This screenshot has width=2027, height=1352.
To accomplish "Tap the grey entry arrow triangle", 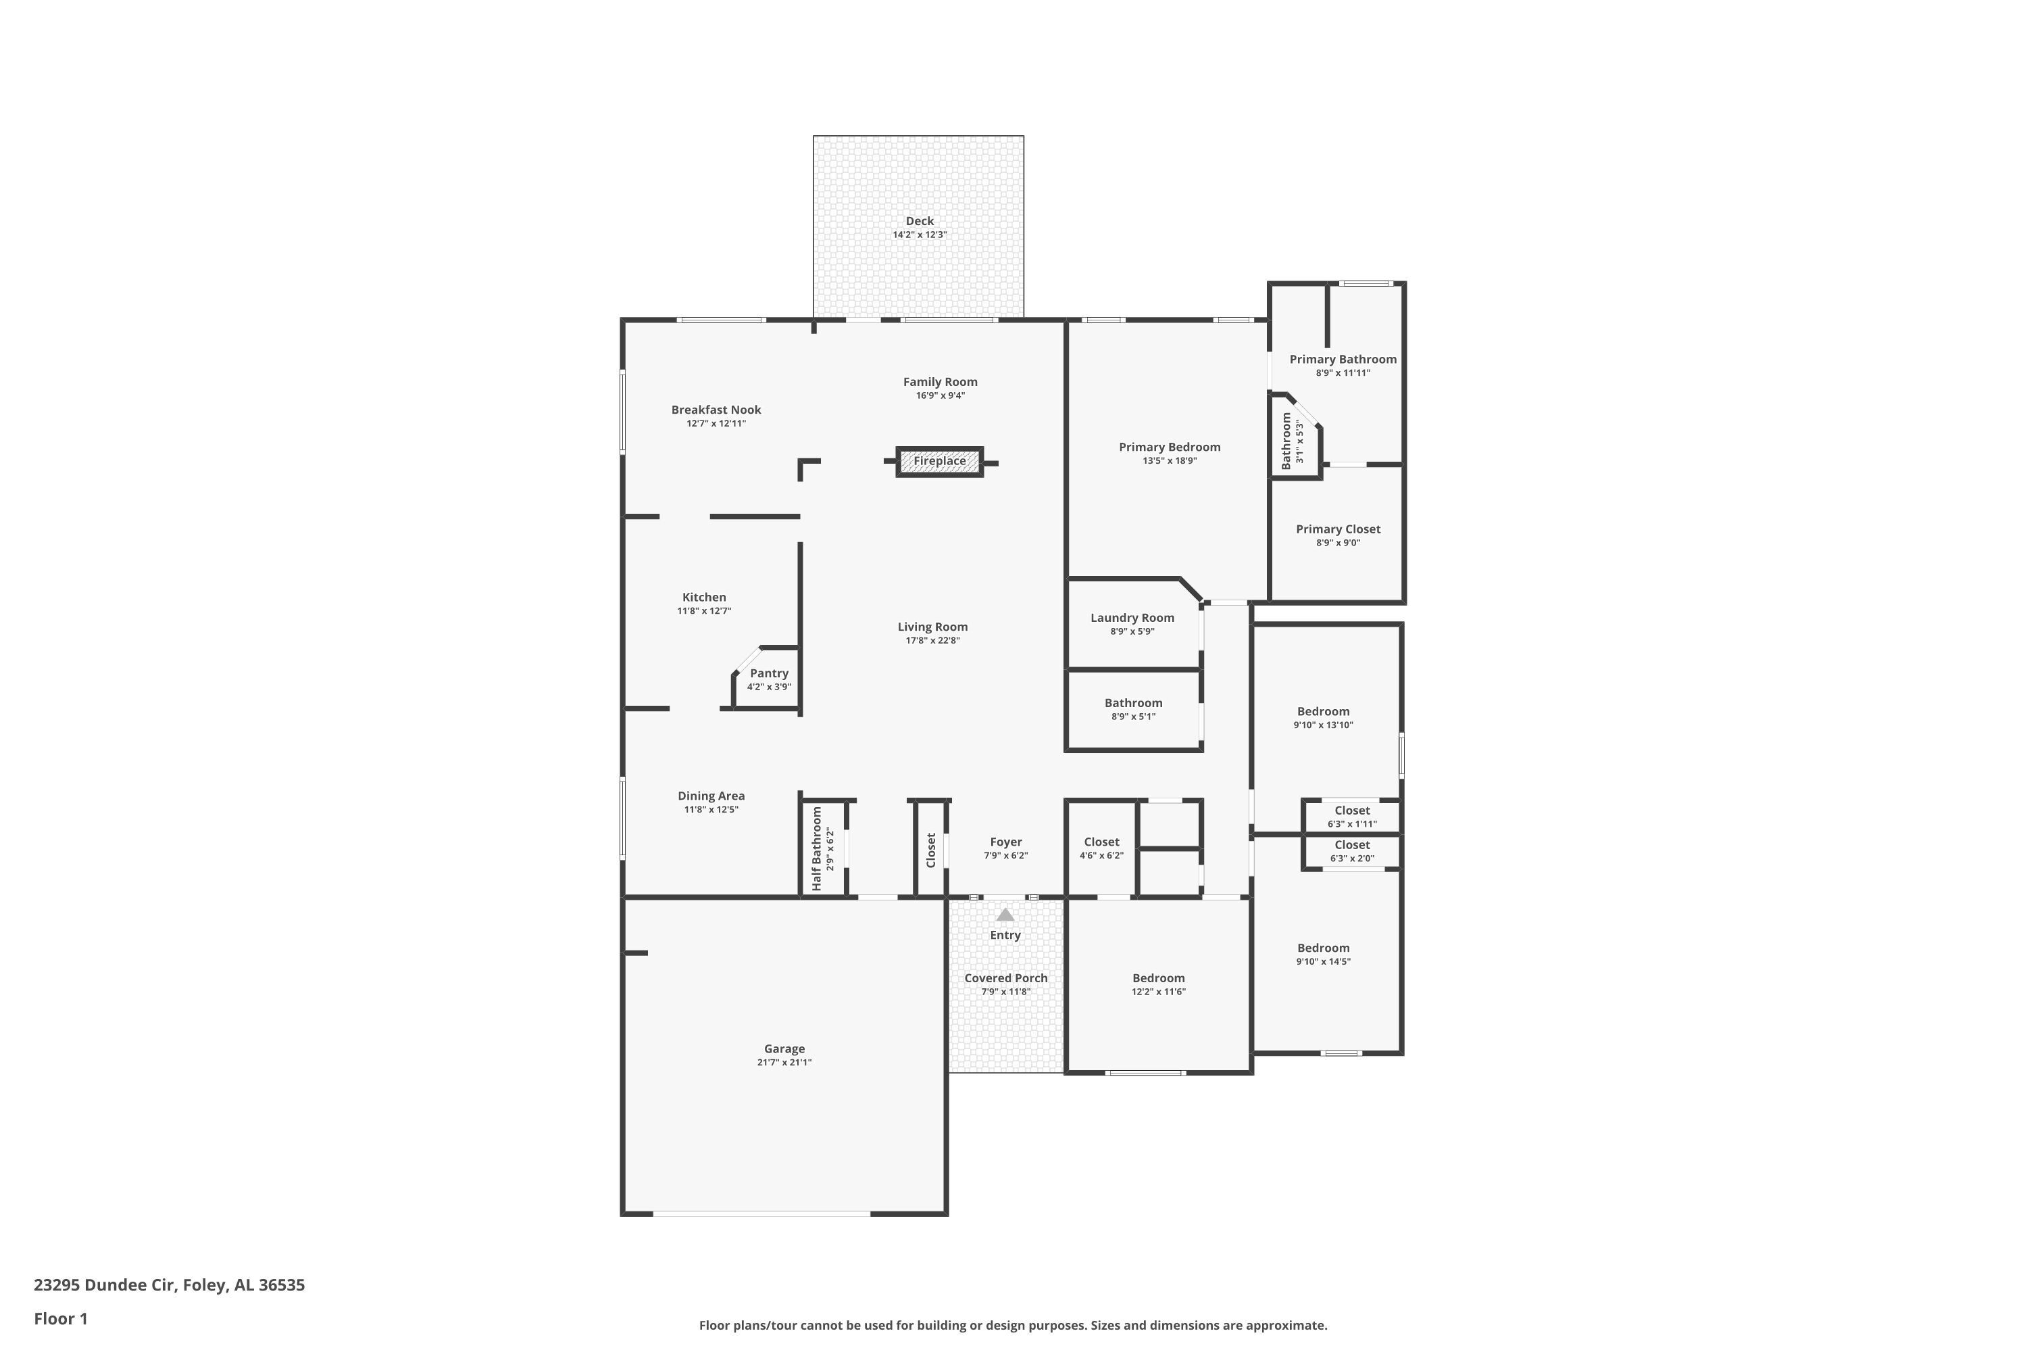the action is [x=1005, y=915].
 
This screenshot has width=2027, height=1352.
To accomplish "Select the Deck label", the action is [x=920, y=222].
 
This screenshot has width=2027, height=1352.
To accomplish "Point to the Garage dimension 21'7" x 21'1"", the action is [x=784, y=1062].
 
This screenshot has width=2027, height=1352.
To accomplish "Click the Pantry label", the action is [x=769, y=673].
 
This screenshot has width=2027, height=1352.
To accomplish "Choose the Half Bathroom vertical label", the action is [x=817, y=848].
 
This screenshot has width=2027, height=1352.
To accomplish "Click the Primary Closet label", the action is [x=1338, y=529].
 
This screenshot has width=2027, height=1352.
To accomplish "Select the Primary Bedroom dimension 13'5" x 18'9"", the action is [x=1170, y=460].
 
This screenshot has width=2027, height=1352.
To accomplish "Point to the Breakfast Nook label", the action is [x=716, y=410].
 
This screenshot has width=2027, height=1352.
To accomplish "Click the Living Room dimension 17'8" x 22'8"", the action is [x=932, y=641].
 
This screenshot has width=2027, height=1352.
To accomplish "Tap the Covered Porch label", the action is [x=1006, y=977].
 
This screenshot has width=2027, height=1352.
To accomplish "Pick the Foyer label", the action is [x=1006, y=842].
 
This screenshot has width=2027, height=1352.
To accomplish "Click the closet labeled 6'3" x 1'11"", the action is [x=1352, y=817].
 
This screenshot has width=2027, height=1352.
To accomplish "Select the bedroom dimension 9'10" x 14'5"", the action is [x=1323, y=961].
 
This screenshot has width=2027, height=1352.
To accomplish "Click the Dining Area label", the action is [x=711, y=796].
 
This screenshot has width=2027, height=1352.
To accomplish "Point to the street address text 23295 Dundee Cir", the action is [x=105, y=1285].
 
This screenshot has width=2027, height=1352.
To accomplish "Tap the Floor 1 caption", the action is [x=60, y=1318].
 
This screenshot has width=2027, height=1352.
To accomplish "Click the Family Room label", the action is [x=941, y=382].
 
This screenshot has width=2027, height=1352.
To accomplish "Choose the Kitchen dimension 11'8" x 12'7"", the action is [x=704, y=610].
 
